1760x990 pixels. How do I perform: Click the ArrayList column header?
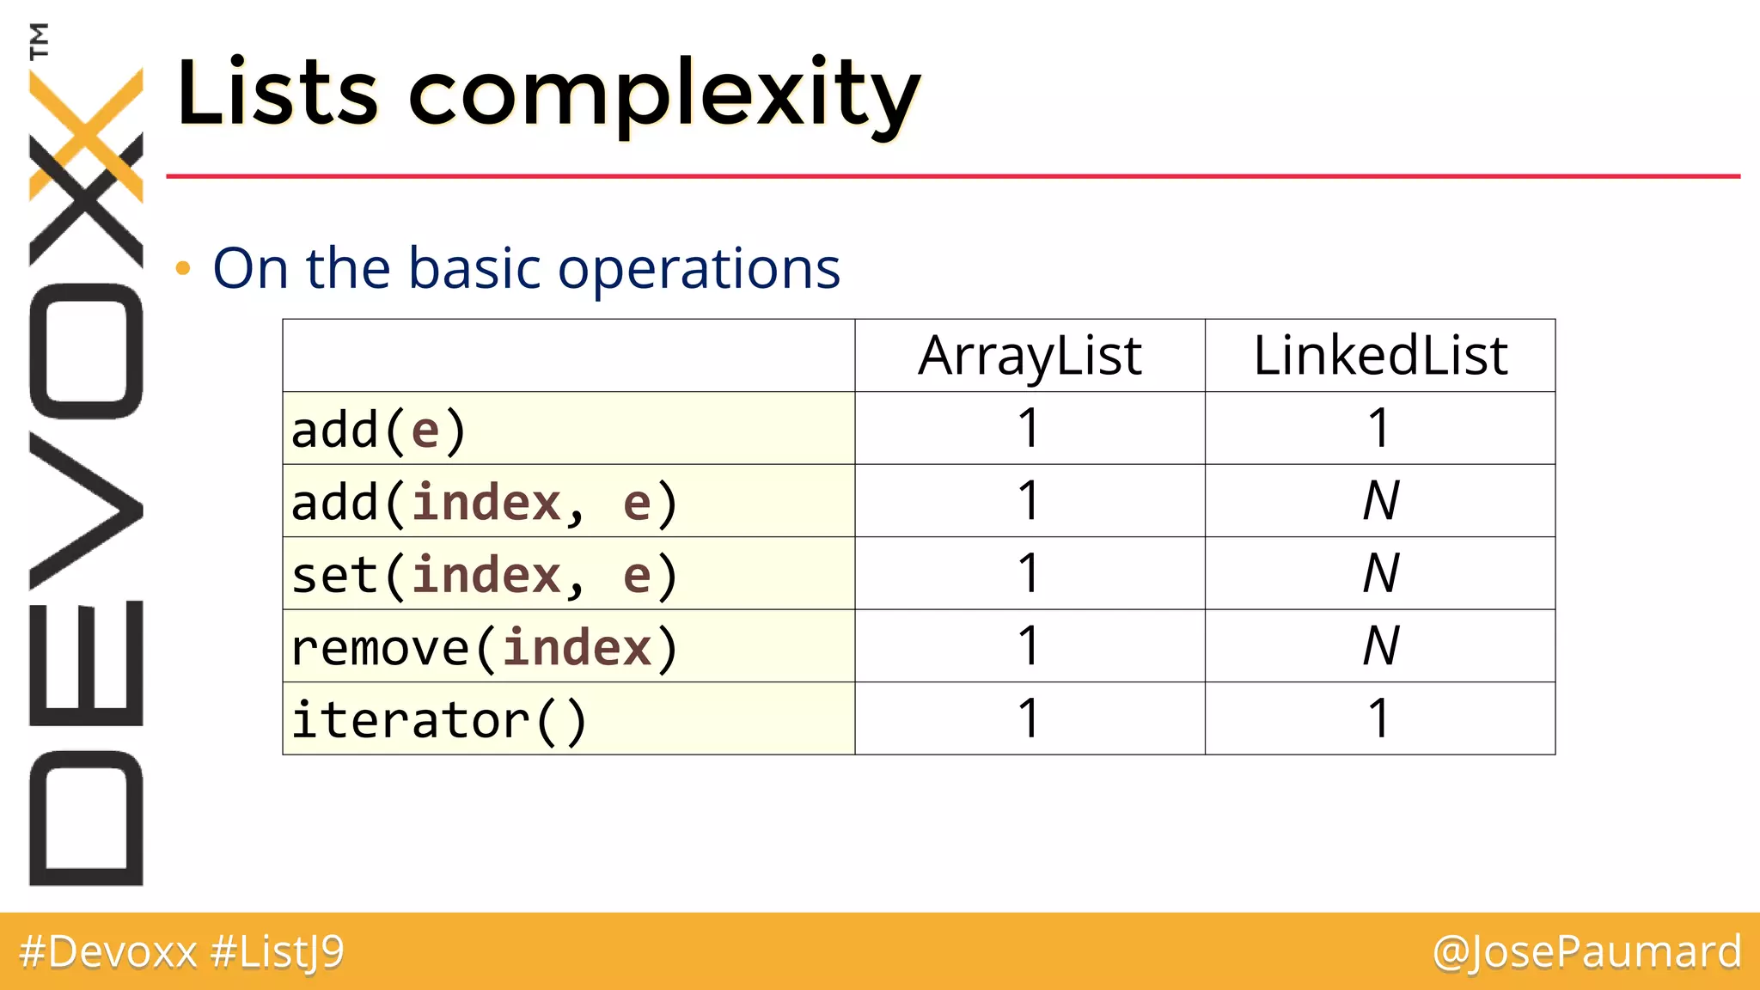tap(1030, 356)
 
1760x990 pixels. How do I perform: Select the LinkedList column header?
tap(1380, 356)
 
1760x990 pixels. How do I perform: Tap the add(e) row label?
tap(378, 430)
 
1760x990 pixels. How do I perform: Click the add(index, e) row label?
tap(484, 502)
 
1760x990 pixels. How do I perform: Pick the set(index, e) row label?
tap(484, 575)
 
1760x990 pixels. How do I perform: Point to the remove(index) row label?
tap(484, 647)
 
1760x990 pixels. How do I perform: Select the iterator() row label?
tap(438, 720)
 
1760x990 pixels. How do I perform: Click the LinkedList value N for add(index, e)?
tap(1381, 501)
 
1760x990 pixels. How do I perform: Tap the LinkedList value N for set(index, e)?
tap(1381, 574)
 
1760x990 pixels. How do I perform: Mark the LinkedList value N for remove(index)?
tap(1381, 646)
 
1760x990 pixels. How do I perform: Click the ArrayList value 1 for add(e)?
tap(1029, 428)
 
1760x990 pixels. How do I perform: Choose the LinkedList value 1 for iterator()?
tap(1379, 718)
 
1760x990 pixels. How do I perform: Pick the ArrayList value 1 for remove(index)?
tap(1029, 646)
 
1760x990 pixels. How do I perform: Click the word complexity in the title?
tap(663, 95)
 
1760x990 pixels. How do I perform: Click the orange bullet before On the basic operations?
tap(182, 269)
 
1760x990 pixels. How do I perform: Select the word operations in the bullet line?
tap(698, 270)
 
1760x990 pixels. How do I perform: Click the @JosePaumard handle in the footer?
tap(1586, 952)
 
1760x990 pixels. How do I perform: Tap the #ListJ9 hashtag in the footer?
tap(277, 952)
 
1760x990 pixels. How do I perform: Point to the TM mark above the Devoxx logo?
tap(39, 40)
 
